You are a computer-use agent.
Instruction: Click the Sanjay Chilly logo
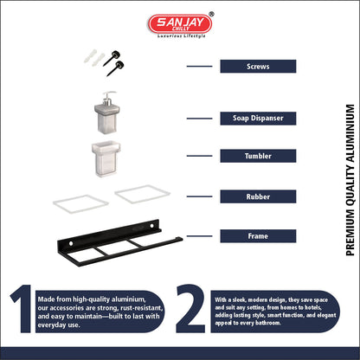tap(180, 23)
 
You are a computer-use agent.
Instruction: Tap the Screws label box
tap(258, 67)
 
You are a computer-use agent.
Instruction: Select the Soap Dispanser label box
tap(258, 119)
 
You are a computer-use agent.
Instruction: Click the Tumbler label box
tap(258, 156)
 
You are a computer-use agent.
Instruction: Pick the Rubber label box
tap(258, 196)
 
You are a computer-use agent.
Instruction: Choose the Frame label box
tap(258, 236)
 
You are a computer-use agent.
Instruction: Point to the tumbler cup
tap(106, 158)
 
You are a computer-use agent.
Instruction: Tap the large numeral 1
tap(22, 309)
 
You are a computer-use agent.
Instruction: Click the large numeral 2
tap(190, 309)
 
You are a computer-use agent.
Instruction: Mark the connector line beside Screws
tap(199, 67)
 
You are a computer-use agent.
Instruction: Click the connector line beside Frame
tap(199, 236)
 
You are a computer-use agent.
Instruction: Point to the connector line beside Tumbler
tap(199, 156)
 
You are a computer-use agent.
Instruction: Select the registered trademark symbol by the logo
tap(211, 14)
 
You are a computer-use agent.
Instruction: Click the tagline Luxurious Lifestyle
tap(182, 36)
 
